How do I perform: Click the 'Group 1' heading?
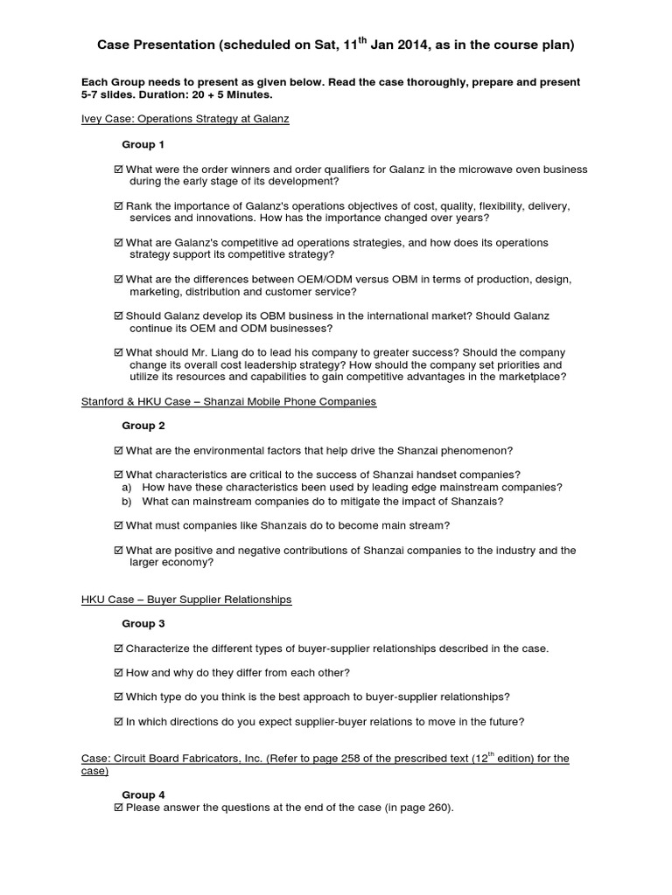tap(143, 144)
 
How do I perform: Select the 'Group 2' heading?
tap(143, 426)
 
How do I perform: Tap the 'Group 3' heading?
tap(143, 623)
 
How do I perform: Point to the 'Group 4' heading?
tap(143, 794)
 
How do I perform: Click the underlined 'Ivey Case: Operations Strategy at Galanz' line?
tap(185, 119)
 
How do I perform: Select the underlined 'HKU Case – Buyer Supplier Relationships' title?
tap(186, 600)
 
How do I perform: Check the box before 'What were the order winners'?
tap(119, 170)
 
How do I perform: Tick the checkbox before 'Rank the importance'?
tap(119, 206)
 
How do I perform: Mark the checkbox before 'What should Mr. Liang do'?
tap(119, 353)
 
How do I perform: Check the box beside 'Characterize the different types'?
tap(119, 649)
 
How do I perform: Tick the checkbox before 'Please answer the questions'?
tap(119, 808)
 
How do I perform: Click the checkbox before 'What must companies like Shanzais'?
tap(119, 526)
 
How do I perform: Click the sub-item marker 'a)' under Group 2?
tap(127, 488)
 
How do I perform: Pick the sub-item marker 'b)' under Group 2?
tap(127, 502)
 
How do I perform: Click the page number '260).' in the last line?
tap(437, 808)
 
